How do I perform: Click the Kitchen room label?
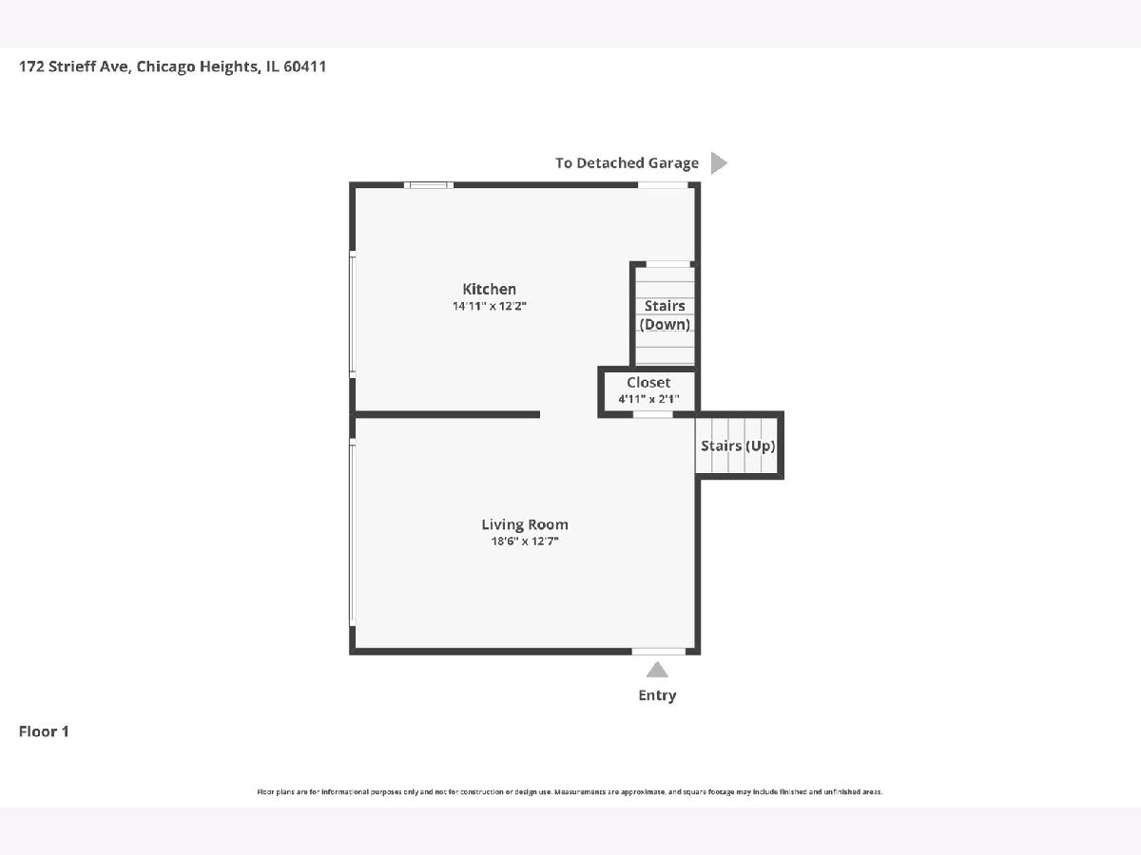[489, 289]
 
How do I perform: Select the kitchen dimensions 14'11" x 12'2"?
[489, 306]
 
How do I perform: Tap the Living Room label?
[525, 524]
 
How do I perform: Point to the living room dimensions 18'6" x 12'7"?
[525, 541]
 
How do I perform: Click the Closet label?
[648, 383]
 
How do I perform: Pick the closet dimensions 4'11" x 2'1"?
[648, 399]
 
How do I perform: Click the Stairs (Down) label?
[665, 315]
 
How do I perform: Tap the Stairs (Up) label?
[738, 446]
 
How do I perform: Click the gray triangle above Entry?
[657, 670]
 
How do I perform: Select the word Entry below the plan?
[657, 695]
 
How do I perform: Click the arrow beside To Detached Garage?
[719, 163]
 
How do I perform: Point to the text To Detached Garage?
[627, 163]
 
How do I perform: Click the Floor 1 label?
[44, 731]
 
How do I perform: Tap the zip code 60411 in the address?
[304, 66]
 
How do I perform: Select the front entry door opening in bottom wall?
[659, 652]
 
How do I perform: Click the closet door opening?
[653, 414]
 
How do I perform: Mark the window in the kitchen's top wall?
[428, 185]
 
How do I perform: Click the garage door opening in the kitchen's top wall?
[663, 185]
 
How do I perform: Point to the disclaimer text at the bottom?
[570, 792]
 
